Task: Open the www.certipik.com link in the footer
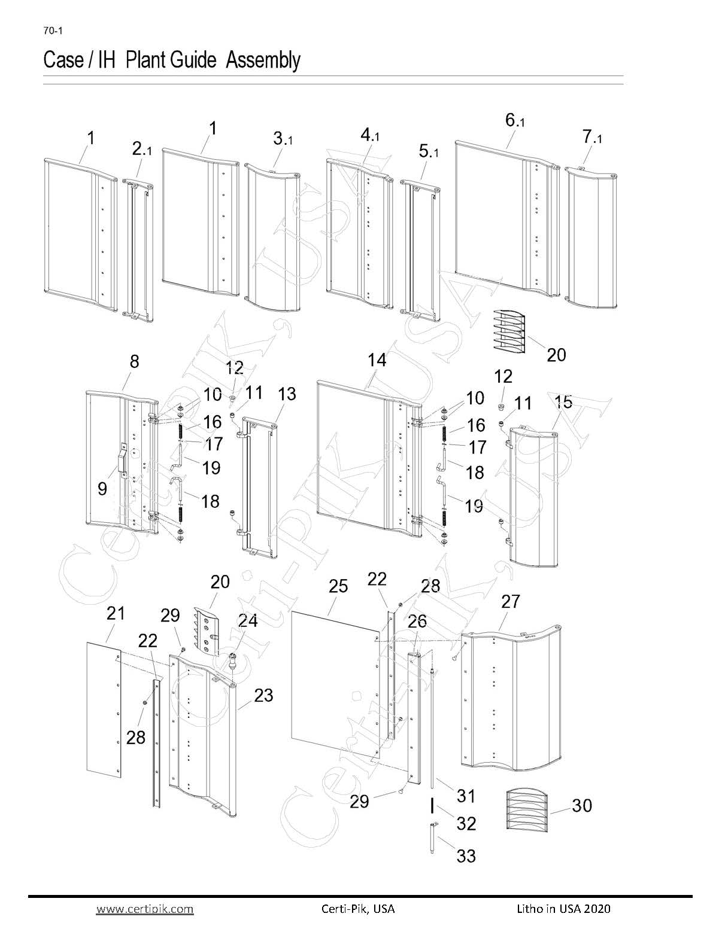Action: [145, 909]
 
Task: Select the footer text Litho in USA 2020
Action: [563, 909]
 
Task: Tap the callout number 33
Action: [466, 856]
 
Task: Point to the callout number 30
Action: [581, 805]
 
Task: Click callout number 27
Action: [510, 601]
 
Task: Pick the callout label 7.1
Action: [591, 138]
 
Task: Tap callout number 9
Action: [102, 489]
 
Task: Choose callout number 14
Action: [377, 360]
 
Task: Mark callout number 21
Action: [116, 613]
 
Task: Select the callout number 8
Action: [134, 361]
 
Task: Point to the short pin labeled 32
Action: [432, 806]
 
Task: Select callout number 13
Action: [287, 394]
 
